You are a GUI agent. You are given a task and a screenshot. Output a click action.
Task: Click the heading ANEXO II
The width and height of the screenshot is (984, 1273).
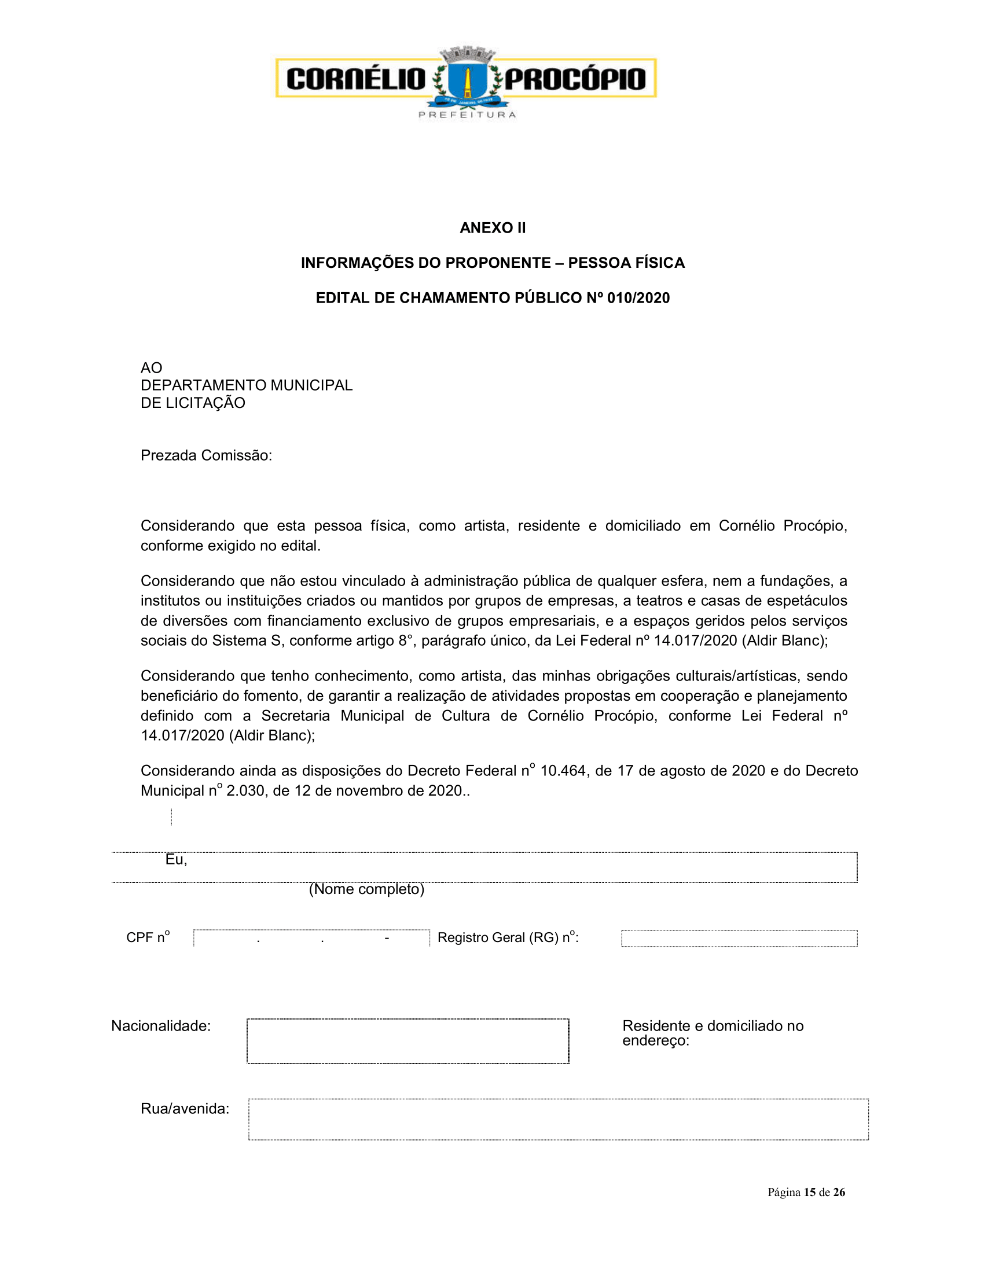(493, 228)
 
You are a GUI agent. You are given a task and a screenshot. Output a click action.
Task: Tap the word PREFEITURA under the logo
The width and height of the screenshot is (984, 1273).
(467, 115)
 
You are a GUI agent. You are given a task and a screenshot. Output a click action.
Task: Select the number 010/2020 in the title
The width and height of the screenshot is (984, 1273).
(638, 298)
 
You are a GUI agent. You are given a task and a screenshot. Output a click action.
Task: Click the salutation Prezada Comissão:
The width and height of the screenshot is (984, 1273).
(207, 455)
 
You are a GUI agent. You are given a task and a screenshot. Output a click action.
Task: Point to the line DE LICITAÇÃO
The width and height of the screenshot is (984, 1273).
(193, 403)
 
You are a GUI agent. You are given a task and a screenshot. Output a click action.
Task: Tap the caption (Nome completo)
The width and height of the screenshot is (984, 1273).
(366, 889)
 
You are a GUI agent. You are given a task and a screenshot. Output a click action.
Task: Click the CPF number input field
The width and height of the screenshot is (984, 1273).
(311, 938)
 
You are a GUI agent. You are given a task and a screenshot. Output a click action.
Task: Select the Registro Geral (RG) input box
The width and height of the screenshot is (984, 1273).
(739, 939)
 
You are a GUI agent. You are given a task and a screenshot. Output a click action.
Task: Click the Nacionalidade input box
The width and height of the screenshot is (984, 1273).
(407, 1041)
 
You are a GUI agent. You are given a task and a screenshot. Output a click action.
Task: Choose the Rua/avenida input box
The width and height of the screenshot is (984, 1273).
(558, 1119)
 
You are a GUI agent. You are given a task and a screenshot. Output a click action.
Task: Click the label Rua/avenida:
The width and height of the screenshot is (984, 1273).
(185, 1109)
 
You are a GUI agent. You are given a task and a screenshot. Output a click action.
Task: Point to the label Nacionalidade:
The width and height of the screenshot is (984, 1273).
(161, 1026)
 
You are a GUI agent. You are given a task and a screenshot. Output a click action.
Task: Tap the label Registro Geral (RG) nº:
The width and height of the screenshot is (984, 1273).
(508, 937)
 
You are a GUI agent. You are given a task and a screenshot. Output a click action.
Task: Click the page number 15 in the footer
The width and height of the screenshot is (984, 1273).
(809, 1192)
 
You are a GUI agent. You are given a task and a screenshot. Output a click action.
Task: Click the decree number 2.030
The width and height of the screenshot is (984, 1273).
(245, 790)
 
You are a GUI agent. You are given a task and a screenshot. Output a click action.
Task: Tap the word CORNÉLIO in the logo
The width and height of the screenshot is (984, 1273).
(356, 79)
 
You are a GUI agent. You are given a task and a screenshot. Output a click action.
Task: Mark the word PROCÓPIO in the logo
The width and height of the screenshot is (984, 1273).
(575, 79)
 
